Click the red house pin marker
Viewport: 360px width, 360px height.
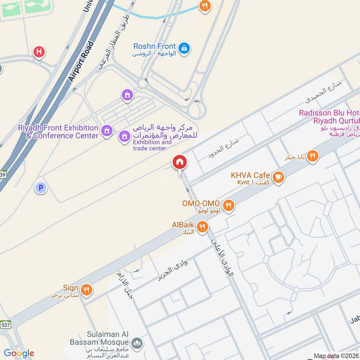[179, 162]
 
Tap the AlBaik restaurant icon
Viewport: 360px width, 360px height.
[202, 227]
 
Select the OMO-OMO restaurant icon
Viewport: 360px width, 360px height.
[229, 206]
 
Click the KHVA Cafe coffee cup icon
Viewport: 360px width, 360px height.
[279, 177]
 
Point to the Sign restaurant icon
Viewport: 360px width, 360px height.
[87, 290]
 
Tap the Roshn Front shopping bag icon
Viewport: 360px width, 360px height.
[184, 48]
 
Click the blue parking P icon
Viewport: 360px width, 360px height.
[40, 188]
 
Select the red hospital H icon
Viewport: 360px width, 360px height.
[39, 52]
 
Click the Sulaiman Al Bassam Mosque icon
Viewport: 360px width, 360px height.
[138, 343]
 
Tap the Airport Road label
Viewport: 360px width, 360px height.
[81, 61]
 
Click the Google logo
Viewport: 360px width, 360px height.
[18, 353]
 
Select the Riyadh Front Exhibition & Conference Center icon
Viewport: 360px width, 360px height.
[107, 130]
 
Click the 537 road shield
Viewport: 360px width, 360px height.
[5, 324]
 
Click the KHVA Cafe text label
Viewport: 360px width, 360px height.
[250, 175]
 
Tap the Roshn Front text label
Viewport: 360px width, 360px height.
[153, 46]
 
